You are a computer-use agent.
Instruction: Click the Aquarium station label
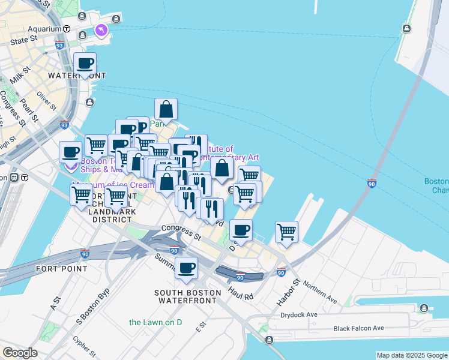coord(44,28)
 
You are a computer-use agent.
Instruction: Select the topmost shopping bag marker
coord(166,110)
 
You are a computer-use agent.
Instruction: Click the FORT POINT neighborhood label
coord(62,268)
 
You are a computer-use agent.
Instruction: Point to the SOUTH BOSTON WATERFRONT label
coord(184,298)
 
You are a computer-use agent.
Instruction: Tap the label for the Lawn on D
coord(155,322)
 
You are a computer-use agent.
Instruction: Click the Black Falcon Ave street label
coord(358,328)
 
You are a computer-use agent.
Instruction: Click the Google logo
coord(20,353)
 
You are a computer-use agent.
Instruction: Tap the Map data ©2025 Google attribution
coord(412,355)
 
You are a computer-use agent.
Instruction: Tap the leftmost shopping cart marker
coord(82,194)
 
